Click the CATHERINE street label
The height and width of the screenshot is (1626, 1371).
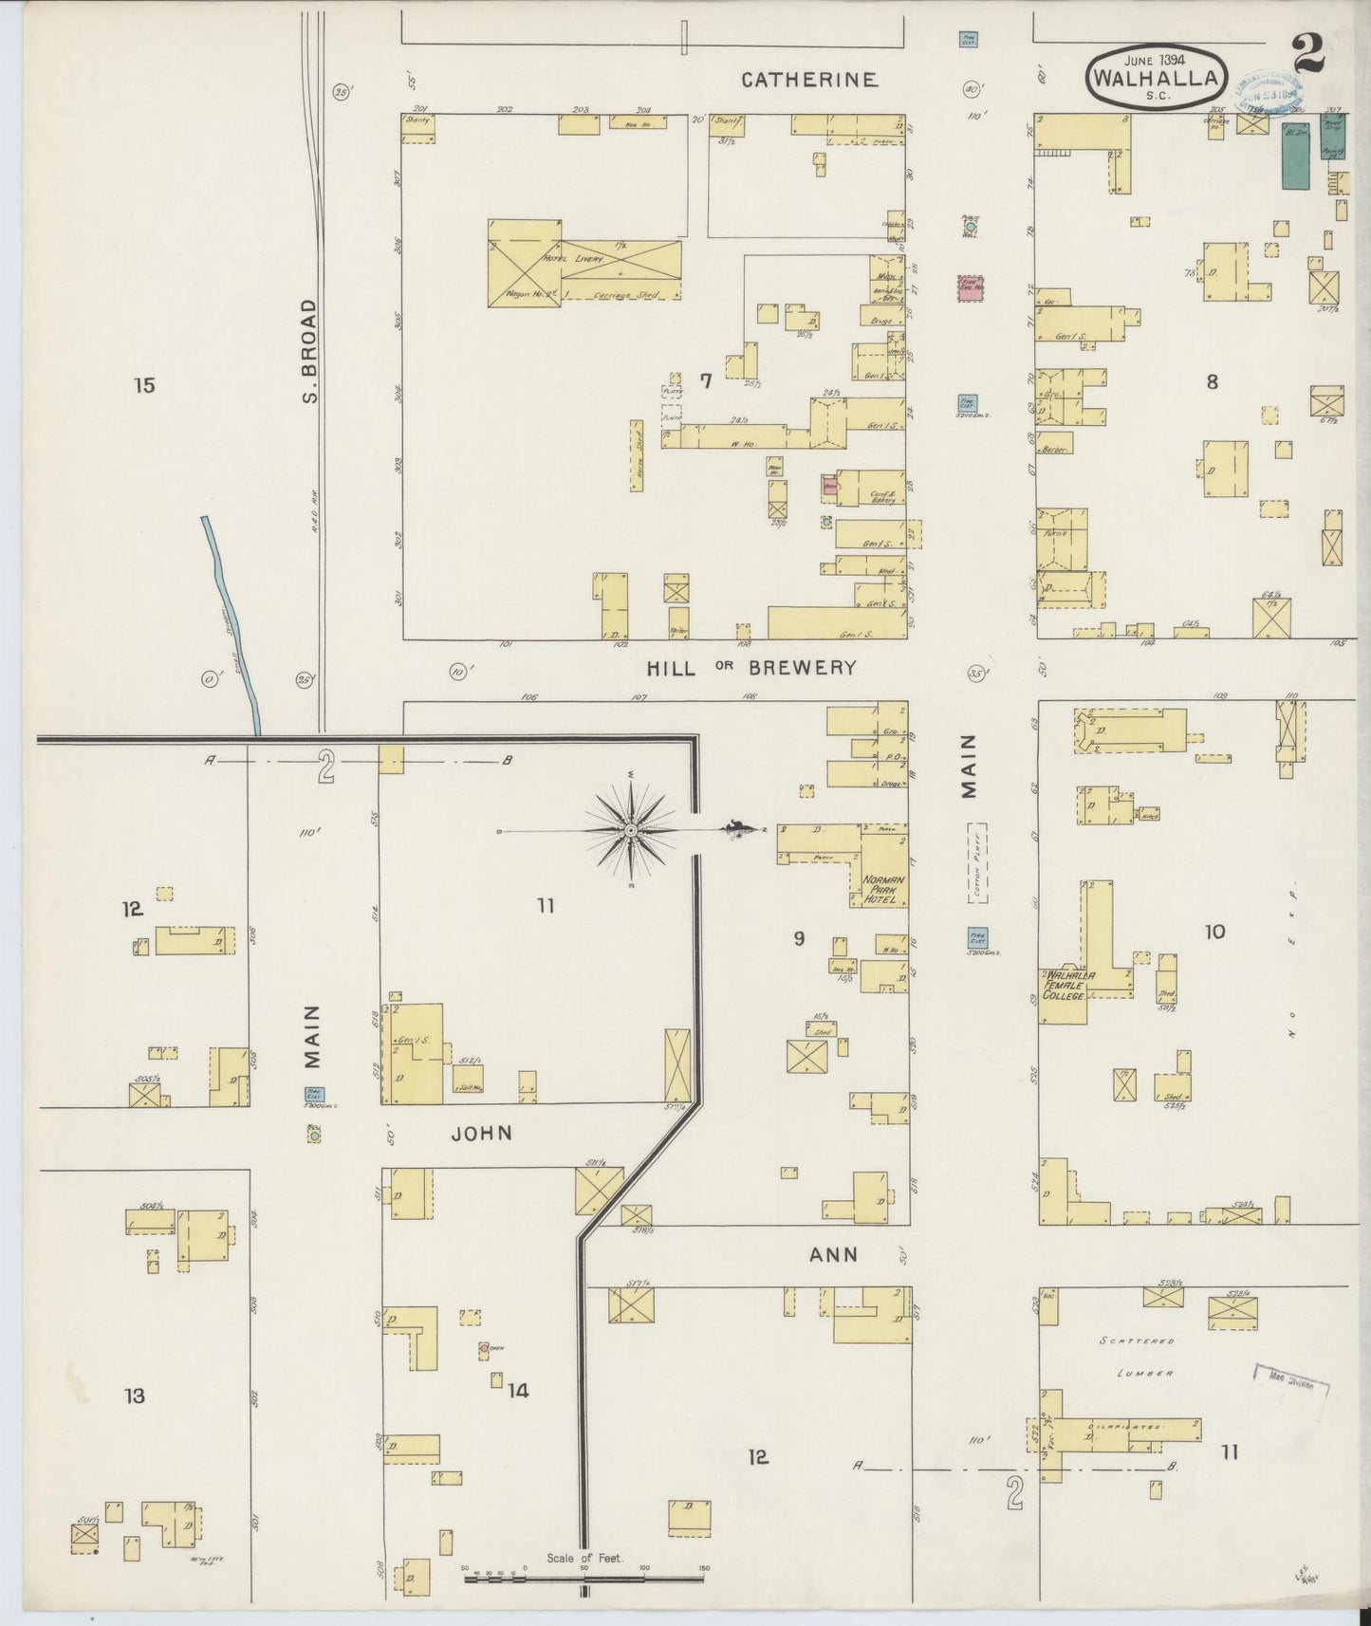(x=808, y=80)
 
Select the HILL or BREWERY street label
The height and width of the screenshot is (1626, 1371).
(x=751, y=668)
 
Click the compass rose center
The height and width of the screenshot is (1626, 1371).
(x=630, y=831)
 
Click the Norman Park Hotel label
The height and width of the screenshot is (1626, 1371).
(x=884, y=888)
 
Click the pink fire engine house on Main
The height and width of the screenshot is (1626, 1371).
(x=970, y=288)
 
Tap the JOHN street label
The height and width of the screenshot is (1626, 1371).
(x=482, y=1133)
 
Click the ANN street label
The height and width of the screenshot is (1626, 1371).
(x=833, y=1255)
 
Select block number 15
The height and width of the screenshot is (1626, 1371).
(x=144, y=385)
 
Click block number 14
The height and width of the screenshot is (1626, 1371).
(x=517, y=1391)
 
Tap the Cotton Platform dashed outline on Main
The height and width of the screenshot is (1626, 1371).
(x=976, y=862)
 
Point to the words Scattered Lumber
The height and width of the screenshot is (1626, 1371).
(x=1139, y=1357)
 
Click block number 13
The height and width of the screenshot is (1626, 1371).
(x=134, y=1395)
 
